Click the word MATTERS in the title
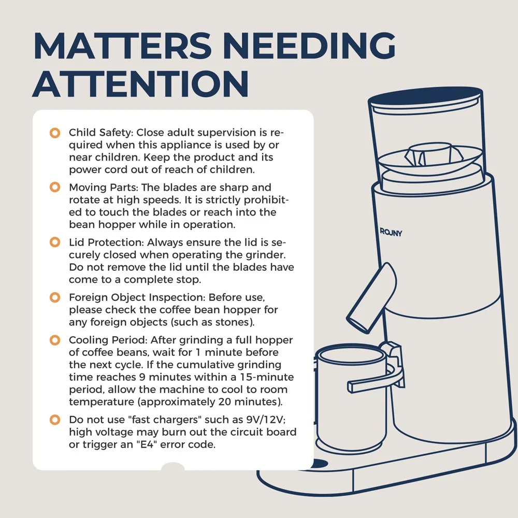122,46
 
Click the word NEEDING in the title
309,46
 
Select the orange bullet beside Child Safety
55,133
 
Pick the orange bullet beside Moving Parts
55,188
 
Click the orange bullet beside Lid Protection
55,242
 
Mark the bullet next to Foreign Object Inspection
55,297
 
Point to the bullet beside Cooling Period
55,340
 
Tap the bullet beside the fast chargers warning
55,420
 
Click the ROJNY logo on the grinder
391,232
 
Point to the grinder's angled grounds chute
371,298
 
